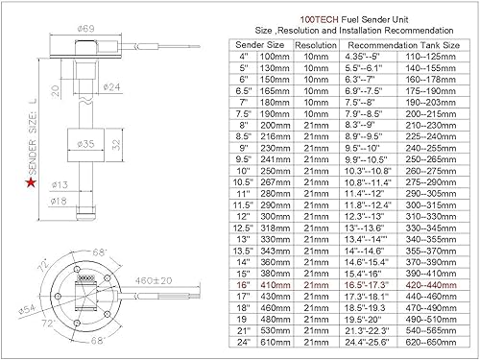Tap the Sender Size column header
[261, 45]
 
